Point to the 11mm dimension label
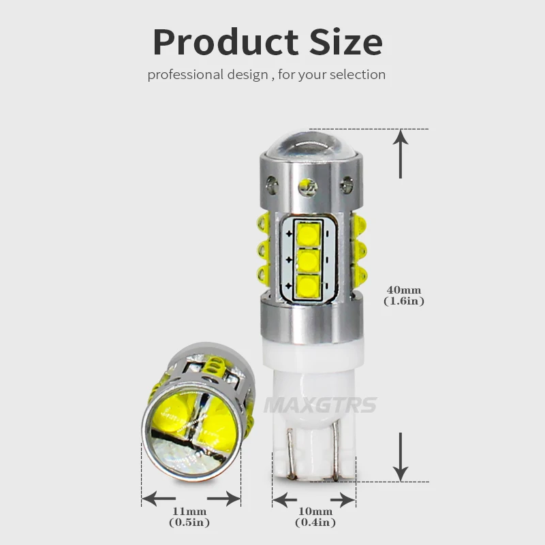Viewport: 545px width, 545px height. pyautogui.click(x=189, y=511)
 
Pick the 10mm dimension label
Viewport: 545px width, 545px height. pyautogui.click(x=315, y=511)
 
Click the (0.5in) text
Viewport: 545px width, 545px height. pyautogui.click(x=189, y=523)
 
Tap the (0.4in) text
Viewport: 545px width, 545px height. pyautogui.click(x=315, y=523)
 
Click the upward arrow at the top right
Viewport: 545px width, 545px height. pyautogui.click(x=402, y=154)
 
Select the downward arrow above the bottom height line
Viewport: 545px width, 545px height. pyautogui.click(x=402, y=456)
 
